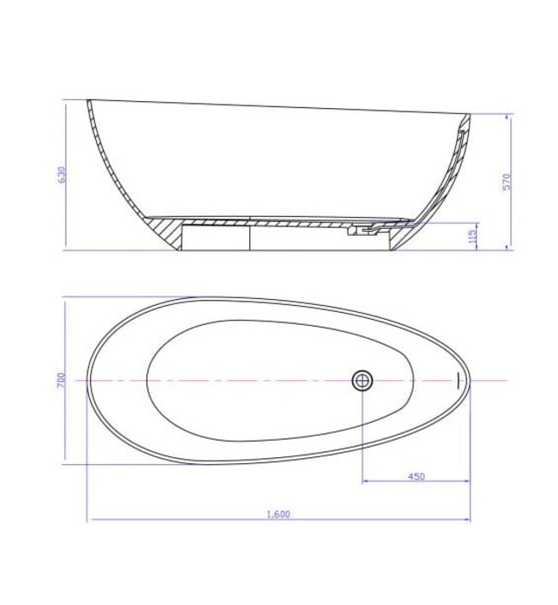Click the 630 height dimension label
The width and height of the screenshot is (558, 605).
(61, 175)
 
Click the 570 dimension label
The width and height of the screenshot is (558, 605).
(508, 181)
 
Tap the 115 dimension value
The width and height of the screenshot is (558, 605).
(472, 236)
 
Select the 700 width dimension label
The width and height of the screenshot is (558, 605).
(61, 380)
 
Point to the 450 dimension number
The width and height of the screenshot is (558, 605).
(415, 476)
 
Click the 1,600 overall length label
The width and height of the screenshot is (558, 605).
(278, 514)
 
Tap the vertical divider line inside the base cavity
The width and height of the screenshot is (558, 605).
(250, 238)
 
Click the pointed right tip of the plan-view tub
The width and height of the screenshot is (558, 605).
(472, 379)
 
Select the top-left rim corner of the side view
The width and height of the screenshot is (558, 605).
(88, 100)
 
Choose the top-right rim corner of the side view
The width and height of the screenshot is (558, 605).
(471, 114)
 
